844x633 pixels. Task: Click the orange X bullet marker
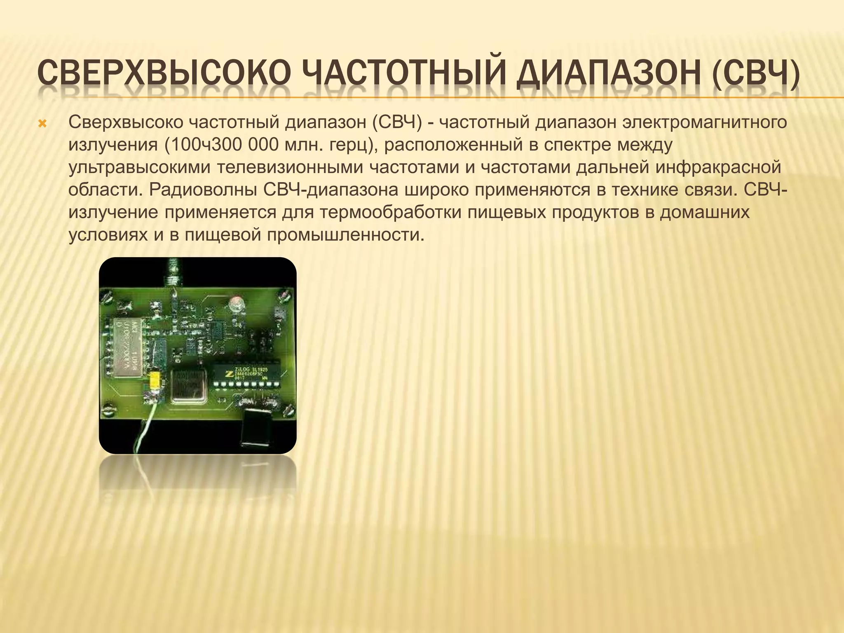coord(42,124)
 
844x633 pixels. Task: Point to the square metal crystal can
coord(188,386)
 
